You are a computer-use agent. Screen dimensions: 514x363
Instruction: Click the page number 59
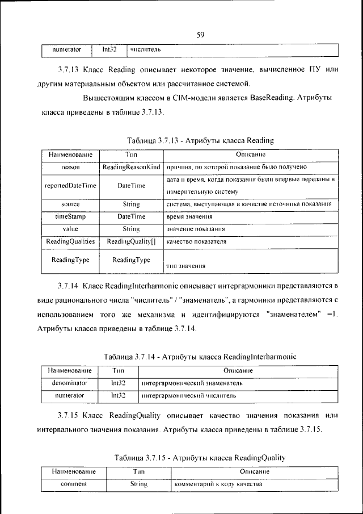(x=200, y=35)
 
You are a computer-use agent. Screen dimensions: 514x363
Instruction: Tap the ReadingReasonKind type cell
(x=131, y=167)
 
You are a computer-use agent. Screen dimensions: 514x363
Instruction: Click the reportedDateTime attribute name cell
(x=70, y=186)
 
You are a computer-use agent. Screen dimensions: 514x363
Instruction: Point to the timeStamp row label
(x=70, y=216)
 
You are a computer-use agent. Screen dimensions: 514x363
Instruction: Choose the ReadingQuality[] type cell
(x=131, y=241)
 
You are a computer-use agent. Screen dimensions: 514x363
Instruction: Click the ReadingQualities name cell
(x=70, y=241)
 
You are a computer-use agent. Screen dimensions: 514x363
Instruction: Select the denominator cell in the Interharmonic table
(x=70, y=383)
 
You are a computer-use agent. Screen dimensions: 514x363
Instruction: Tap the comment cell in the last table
(x=74, y=484)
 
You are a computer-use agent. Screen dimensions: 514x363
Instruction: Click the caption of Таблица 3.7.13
(x=201, y=140)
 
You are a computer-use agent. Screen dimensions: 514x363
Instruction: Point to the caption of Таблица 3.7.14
(x=200, y=356)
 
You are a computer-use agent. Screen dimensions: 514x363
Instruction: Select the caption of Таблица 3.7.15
(x=199, y=457)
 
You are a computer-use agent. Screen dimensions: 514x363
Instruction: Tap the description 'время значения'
(x=189, y=217)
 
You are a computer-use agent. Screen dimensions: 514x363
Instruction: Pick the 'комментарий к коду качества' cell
(x=218, y=484)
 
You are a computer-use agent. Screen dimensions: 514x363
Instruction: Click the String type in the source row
(x=131, y=204)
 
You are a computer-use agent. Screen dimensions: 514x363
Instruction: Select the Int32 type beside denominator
(x=118, y=383)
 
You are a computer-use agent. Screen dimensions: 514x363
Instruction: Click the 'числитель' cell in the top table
(x=145, y=50)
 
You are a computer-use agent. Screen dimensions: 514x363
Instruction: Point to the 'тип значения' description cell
(x=185, y=265)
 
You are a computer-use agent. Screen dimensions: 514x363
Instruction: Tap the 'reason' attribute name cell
(x=70, y=167)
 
